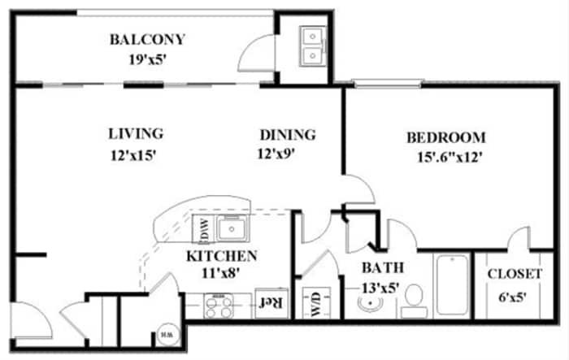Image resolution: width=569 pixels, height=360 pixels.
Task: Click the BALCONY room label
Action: coord(148,39)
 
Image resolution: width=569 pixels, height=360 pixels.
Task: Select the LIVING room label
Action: coord(136,133)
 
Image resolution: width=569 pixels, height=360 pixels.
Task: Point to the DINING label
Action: coord(287,135)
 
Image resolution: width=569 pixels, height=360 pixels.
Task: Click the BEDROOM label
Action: coord(446,137)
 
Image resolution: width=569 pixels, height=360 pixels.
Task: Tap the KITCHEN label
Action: coord(222,256)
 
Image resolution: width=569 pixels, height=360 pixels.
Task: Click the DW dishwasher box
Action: coord(203,231)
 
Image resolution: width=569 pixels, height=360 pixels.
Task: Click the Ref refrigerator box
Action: coord(270,303)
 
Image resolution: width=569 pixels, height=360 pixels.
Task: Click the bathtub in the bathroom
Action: coord(451,287)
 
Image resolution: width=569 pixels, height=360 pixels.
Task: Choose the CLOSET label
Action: coord(514,275)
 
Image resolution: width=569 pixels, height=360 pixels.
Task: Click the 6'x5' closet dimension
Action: coord(514,296)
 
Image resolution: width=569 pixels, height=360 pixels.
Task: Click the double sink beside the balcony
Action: coord(311,46)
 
